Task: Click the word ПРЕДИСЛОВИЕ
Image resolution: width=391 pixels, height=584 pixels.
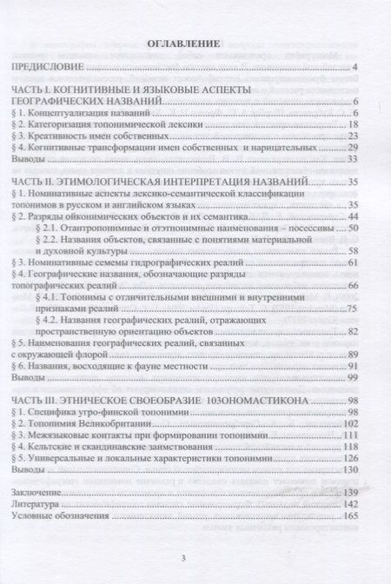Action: [45, 67]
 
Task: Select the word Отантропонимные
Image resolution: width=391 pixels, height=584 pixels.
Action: [96, 227]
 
